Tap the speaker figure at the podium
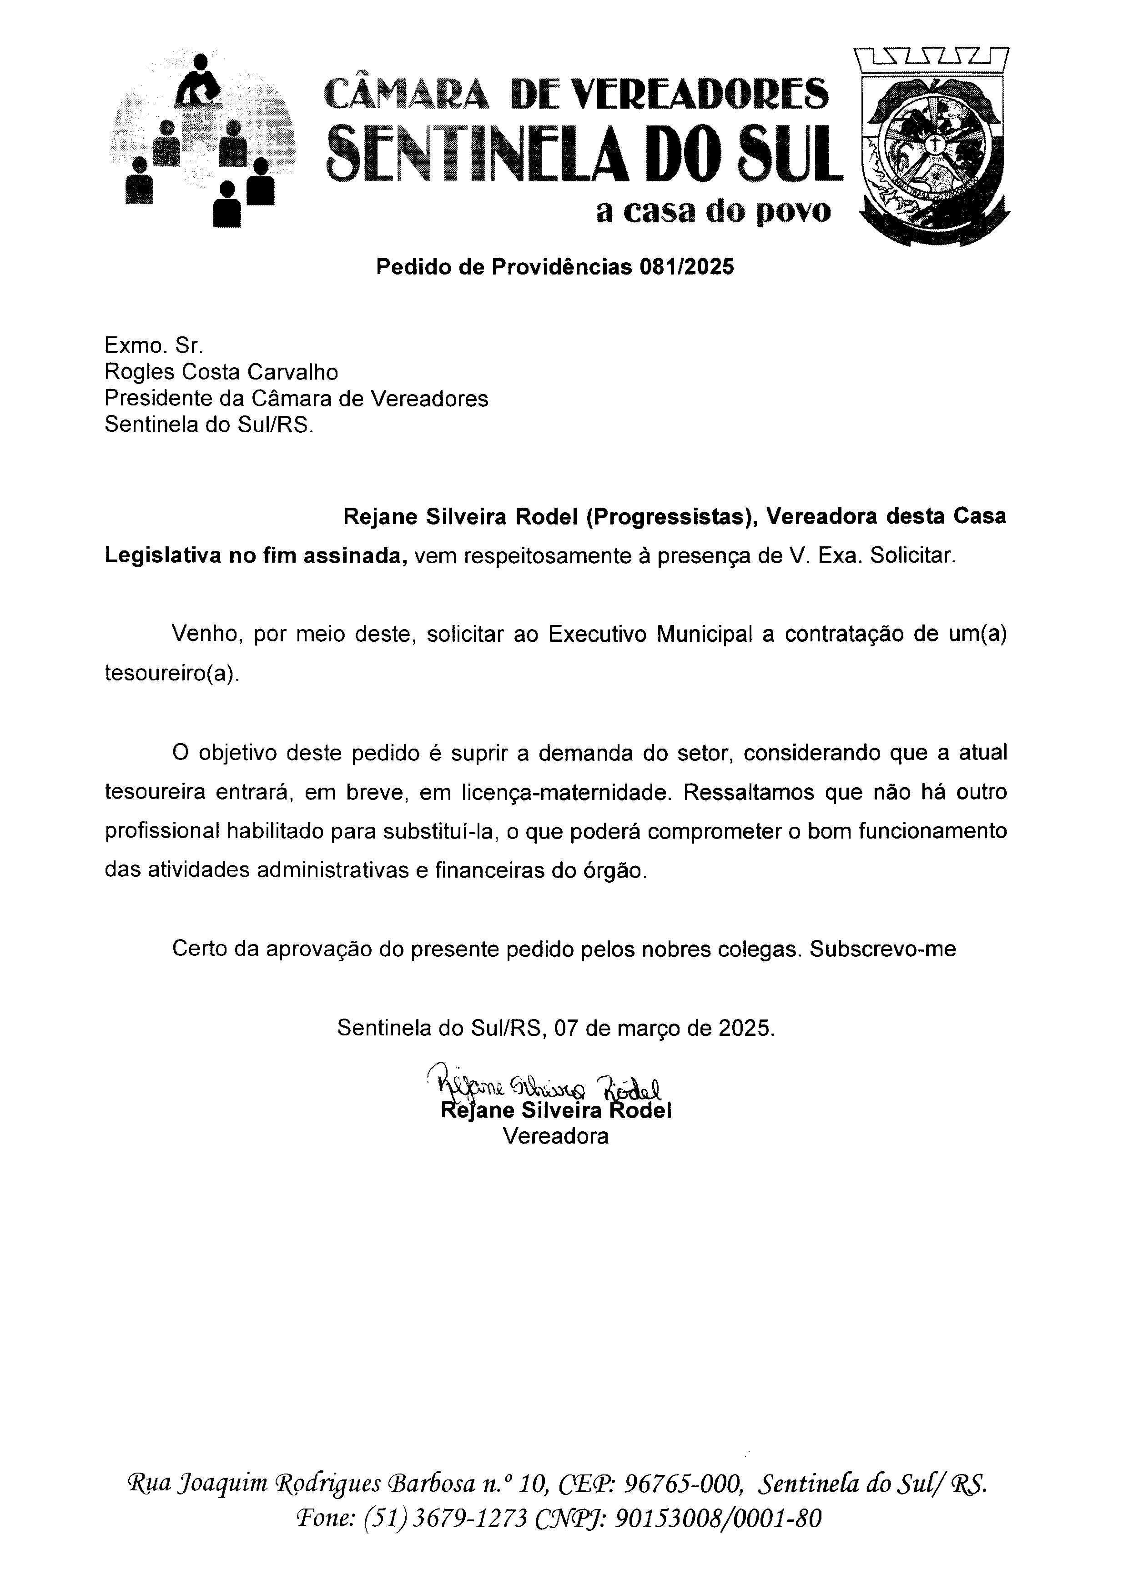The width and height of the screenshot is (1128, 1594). coord(200,82)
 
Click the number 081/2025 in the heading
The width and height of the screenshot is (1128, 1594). coord(687,267)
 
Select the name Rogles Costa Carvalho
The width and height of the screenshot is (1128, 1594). coord(221,372)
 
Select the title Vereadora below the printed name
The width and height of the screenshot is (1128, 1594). coord(556,1136)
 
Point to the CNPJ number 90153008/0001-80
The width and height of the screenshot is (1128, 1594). coord(718,1519)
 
